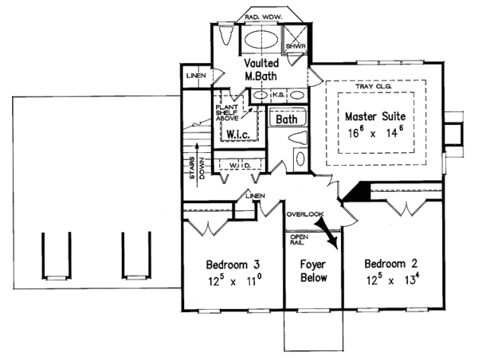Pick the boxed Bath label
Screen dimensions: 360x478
pos(286,119)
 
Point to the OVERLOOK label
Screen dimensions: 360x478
pos(304,213)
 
